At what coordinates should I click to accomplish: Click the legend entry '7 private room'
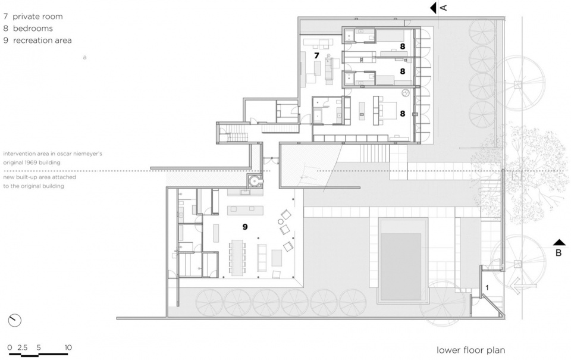click(x=33, y=17)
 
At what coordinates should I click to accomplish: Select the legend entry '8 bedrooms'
click(x=28, y=29)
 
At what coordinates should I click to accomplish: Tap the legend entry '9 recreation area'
click(x=37, y=40)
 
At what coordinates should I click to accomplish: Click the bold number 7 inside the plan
click(x=316, y=55)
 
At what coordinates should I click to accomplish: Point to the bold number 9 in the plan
click(x=245, y=227)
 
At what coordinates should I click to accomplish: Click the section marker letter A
click(x=444, y=7)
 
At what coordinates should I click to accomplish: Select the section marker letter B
click(x=559, y=252)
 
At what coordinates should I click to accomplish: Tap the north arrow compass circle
click(x=14, y=321)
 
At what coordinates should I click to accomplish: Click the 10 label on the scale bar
click(x=68, y=348)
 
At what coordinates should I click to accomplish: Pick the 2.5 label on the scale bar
click(x=22, y=348)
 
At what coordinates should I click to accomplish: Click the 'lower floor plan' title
click(x=470, y=350)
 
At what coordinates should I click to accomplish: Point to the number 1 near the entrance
click(x=487, y=287)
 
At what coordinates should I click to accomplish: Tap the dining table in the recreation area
click(x=237, y=258)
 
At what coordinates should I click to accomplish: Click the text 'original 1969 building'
click(x=32, y=162)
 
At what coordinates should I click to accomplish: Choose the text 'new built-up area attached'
click(x=40, y=177)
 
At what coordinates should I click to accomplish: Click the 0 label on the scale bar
click(x=10, y=348)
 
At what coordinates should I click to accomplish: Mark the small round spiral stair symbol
click(x=255, y=180)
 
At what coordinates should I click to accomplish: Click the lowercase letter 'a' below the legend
click(x=85, y=57)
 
